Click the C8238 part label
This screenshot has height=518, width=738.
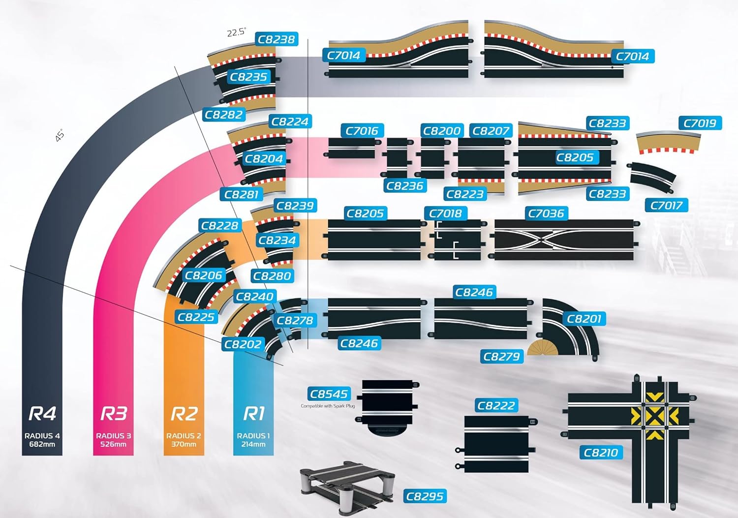tap(277, 39)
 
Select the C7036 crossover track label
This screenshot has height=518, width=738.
tap(546, 213)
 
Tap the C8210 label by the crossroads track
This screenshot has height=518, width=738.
tap(601, 453)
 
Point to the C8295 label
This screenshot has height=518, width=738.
tap(425, 496)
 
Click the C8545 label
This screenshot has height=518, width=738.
tap(329, 394)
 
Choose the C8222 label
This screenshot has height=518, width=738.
tap(496, 406)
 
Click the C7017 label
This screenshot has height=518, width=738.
tap(666, 205)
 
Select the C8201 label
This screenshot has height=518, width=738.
tap(584, 319)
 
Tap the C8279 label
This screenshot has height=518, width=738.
tap(501, 357)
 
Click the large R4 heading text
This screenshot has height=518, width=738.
tap(42, 414)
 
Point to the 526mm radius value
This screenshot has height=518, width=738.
tap(113, 444)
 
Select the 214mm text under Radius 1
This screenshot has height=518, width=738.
tap(253, 444)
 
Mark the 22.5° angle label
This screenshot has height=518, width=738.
tap(237, 32)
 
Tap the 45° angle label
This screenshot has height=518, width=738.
tap(60, 136)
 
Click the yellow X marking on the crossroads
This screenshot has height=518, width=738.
tap(654, 417)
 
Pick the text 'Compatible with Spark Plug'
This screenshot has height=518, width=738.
tap(328, 406)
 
